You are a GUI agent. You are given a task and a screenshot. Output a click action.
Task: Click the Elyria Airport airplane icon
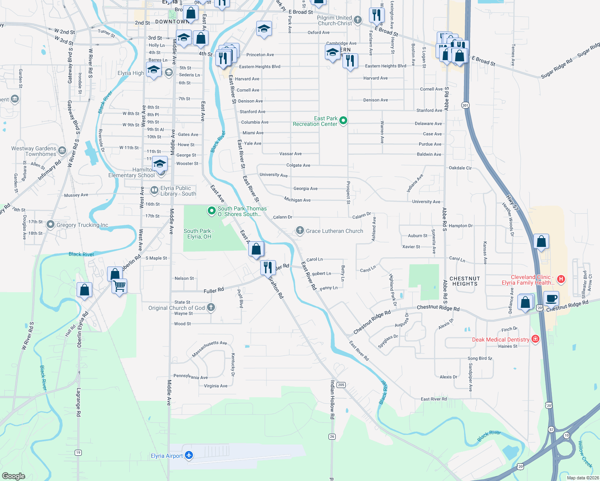(189, 455)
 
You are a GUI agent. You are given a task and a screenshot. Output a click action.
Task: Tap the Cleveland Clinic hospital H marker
(561, 279)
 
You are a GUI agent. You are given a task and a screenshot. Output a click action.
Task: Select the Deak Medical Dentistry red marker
(535, 339)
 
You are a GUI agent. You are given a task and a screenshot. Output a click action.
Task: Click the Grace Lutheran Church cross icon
(300, 230)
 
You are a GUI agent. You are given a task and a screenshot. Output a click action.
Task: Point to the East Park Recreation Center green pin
(343, 121)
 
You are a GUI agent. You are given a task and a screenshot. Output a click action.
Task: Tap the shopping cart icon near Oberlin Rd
(120, 286)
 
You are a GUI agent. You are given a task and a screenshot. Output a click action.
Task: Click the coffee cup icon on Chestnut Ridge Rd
(551, 299)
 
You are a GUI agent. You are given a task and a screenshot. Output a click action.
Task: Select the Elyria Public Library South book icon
(154, 190)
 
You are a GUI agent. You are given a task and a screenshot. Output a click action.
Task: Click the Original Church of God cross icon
(211, 307)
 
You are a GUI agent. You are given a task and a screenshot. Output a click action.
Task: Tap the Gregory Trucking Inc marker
(50, 224)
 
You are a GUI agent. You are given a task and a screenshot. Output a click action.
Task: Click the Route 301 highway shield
(465, 105)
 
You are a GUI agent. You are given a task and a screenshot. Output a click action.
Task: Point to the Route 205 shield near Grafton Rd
(341, 385)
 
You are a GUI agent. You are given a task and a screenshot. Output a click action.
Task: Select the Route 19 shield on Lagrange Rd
(78, 453)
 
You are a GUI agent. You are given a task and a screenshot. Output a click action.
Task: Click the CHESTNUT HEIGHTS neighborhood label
(465, 281)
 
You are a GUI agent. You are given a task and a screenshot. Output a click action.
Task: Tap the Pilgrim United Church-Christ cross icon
(357, 20)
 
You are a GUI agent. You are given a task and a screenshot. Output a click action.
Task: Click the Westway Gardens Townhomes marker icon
(62, 151)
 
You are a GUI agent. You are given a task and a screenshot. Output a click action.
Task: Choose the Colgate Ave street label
(298, 165)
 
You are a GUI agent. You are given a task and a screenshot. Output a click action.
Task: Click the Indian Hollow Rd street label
(332, 400)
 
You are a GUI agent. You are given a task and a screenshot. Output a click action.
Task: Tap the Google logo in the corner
(14, 476)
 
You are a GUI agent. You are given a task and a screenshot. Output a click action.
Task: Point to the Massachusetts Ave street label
(209, 349)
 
